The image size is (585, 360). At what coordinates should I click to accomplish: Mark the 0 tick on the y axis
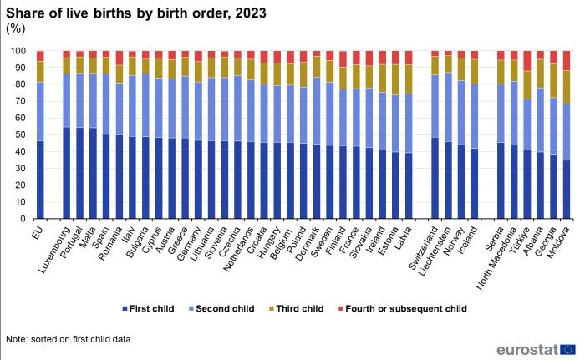pos(26,219)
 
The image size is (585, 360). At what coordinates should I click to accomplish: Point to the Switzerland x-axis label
pos(425,243)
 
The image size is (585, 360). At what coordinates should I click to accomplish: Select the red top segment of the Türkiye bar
pos(526,60)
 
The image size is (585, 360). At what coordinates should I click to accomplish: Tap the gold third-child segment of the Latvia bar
pos(408,79)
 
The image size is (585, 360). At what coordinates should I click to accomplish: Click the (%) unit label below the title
pos(16,28)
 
